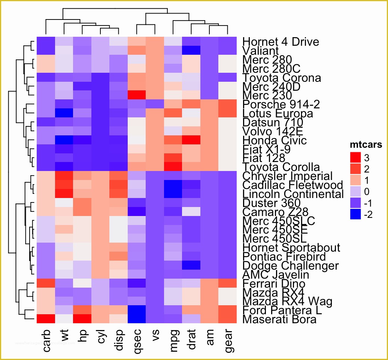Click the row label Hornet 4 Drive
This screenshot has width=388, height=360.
click(281, 42)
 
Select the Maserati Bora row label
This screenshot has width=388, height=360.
click(279, 319)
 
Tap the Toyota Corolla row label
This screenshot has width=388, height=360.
click(281, 167)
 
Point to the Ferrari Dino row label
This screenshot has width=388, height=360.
click(274, 284)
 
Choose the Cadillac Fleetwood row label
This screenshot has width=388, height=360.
click(292, 185)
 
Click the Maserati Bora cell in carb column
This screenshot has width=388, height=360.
click(46, 319)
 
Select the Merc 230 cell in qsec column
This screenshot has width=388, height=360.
click(137, 95)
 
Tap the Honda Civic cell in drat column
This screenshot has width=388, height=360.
click(192, 140)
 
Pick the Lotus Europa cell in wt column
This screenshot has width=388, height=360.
click(64, 113)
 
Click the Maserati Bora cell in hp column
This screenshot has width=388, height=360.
click(82, 319)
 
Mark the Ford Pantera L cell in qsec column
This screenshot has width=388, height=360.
click(137, 310)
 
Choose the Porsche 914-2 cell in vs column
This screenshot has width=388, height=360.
click(155, 104)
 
